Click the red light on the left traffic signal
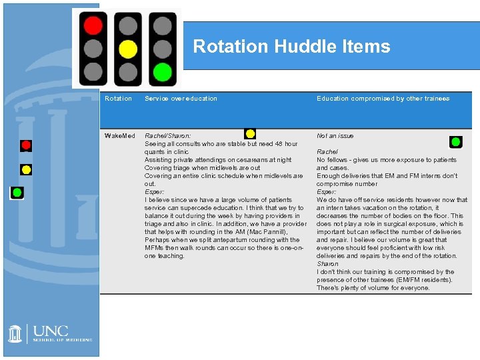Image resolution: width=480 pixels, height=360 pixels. click(x=93, y=26)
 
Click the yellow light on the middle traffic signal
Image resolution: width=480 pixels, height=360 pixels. click(x=127, y=49)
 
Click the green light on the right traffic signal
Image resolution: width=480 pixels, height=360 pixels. click(x=161, y=71)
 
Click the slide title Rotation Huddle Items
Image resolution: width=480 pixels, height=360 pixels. click(x=291, y=47)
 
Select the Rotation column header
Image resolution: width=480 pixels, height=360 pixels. click(x=118, y=99)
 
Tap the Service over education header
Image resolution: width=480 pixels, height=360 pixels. click(x=181, y=99)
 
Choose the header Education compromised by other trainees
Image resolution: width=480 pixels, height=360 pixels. click(x=383, y=99)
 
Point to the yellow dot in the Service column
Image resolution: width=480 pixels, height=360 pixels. click(x=250, y=133)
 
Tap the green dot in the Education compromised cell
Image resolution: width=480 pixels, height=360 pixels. click(x=455, y=141)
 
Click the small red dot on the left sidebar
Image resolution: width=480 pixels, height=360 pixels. click(x=26, y=145)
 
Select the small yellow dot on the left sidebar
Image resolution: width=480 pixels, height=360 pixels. click(x=26, y=169)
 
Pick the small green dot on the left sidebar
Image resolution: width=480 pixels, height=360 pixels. click(x=17, y=192)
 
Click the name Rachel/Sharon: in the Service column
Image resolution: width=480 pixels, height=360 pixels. click(x=167, y=136)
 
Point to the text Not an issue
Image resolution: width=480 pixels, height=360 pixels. click(x=335, y=136)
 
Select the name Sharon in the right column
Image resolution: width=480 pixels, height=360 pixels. click(x=327, y=264)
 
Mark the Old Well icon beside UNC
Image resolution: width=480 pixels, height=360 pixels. click(x=16, y=333)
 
